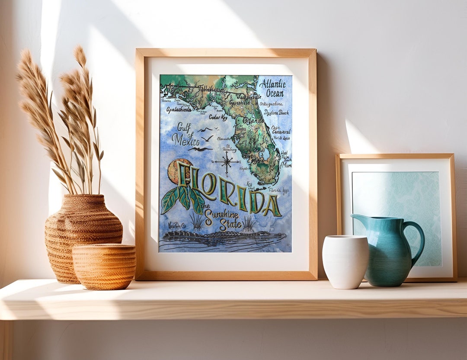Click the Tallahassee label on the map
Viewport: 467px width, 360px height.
(211, 89)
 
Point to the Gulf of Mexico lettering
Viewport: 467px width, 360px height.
(185, 134)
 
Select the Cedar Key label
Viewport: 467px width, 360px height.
(218, 117)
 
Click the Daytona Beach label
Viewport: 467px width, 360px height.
(276, 112)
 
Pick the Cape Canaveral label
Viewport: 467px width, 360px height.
(281, 130)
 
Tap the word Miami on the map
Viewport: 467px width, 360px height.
(286, 165)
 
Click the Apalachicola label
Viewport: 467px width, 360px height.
(179, 110)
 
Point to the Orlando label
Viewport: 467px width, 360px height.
(253, 121)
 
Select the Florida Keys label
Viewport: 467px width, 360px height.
(279, 190)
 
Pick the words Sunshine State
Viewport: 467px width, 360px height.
(222, 219)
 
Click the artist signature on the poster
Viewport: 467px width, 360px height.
(176, 226)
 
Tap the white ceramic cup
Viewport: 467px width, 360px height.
(345, 261)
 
